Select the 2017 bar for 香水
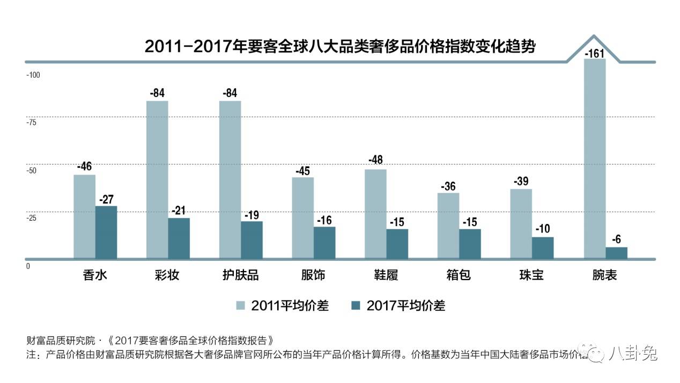tap(106, 232)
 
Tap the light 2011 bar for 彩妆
tap(157, 179)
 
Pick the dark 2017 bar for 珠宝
tap(542, 247)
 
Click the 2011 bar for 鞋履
tap(375, 214)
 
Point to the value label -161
tap(595, 54)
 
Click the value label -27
tap(106, 199)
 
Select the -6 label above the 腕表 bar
tap(616, 240)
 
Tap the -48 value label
tap(375, 160)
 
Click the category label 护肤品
tap(240, 275)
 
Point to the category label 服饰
tap(313, 275)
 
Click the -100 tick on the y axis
tap(33, 74)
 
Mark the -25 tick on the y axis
tap(32, 218)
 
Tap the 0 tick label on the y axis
tap(28, 266)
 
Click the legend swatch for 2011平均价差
tap(241, 306)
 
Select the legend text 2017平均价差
tap(405, 306)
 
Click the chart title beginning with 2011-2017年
tap(340, 46)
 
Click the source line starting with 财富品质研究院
tap(153, 341)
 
